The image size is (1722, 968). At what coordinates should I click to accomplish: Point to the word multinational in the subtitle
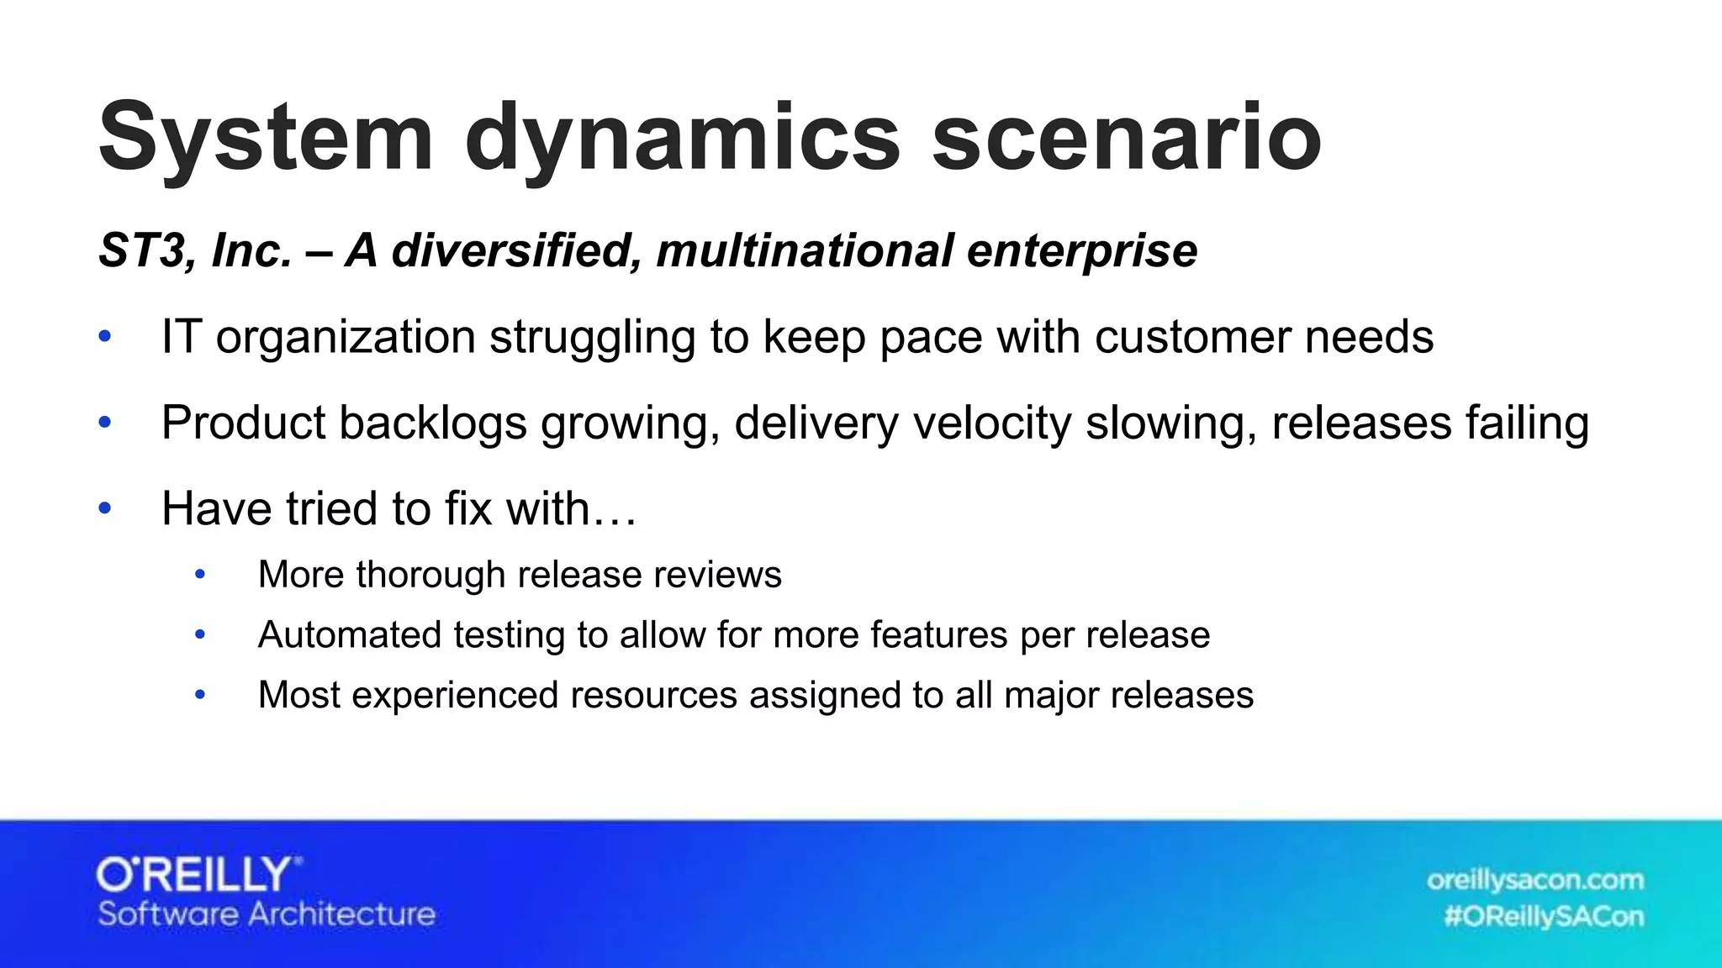tap(805, 250)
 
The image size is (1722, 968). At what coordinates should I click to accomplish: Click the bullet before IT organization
tap(105, 337)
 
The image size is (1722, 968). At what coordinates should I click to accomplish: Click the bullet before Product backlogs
tap(105, 423)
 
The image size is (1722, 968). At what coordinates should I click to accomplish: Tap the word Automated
tap(349, 634)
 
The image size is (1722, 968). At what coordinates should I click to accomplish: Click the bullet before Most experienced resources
tap(200, 695)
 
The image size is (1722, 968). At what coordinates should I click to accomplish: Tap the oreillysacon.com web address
tap(1534, 880)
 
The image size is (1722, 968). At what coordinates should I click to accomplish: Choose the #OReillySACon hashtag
tap(1543, 916)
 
